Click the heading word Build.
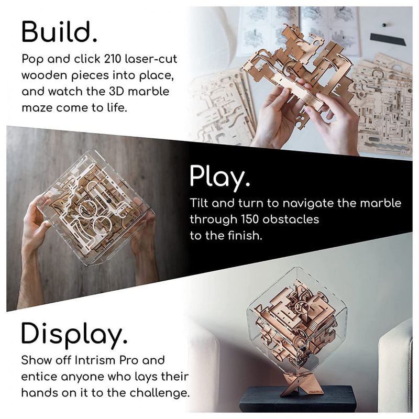click(x=59, y=32)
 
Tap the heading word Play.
click(x=220, y=176)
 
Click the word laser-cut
click(x=151, y=59)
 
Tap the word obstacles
click(x=291, y=219)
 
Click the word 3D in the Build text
click(x=116, y=92)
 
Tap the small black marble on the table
click(x=384, y=25)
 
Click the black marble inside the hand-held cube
click(x=109, y=201)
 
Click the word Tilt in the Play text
click(x=199, y=203)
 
